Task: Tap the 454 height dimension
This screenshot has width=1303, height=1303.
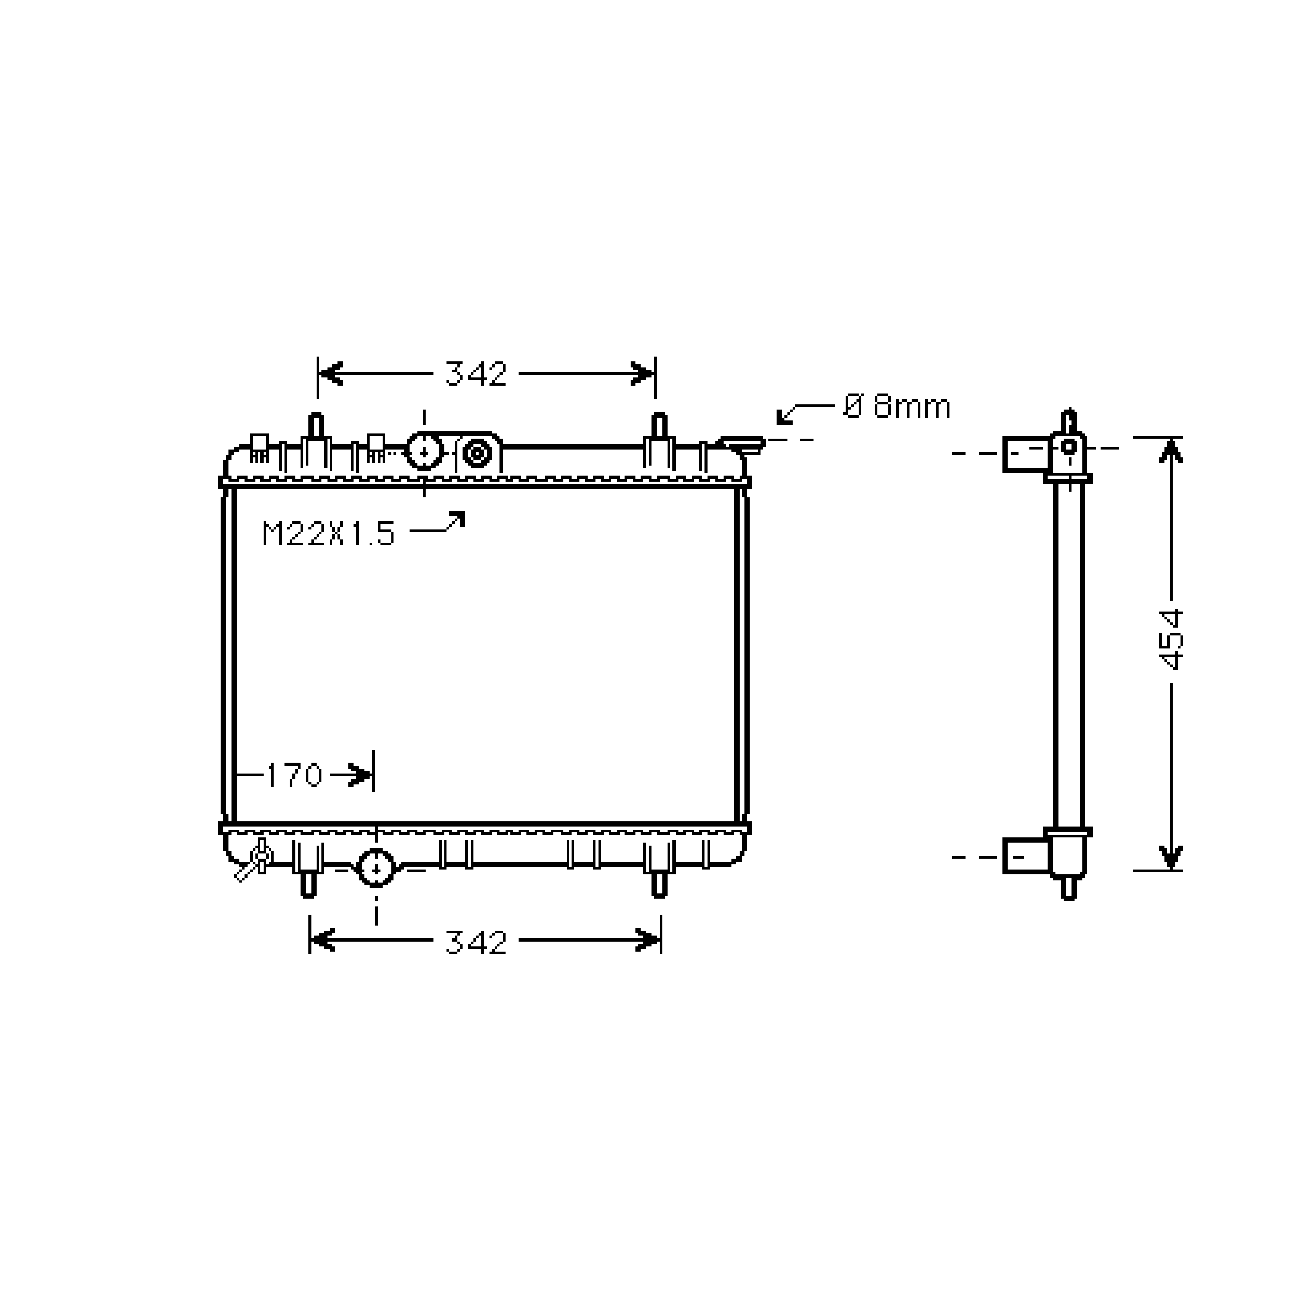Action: pos(1173,640)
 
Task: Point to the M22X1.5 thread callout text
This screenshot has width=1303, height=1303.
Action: pos(328,535)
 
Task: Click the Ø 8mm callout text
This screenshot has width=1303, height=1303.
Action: pos(897,407)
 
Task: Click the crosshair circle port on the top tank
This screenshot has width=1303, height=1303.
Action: pos(424,450)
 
